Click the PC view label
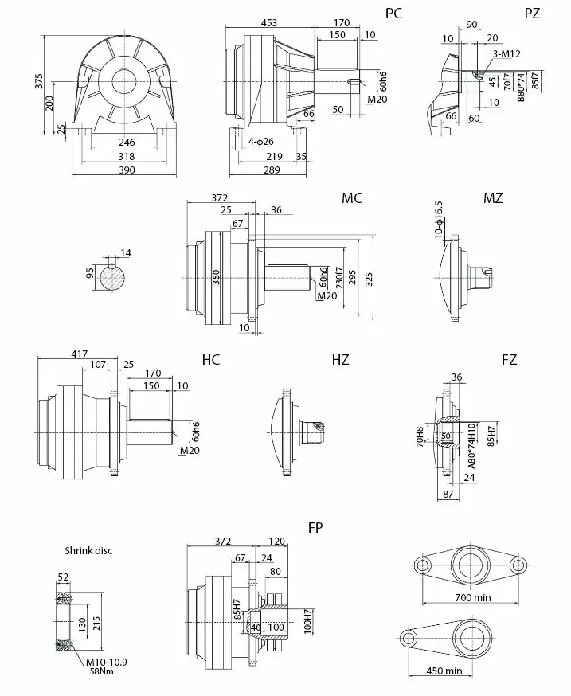click(x=393, y=14)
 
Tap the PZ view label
click(x=532, y=14)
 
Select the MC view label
click(x=352, y=198)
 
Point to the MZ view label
click(x=493, y=198)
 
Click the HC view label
click(x=211, y=360)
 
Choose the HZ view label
click(x=340, y=360)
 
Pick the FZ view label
click(x=509, y=360)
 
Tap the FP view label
click(x=315, y=527)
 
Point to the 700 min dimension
click(x=470, y=596)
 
